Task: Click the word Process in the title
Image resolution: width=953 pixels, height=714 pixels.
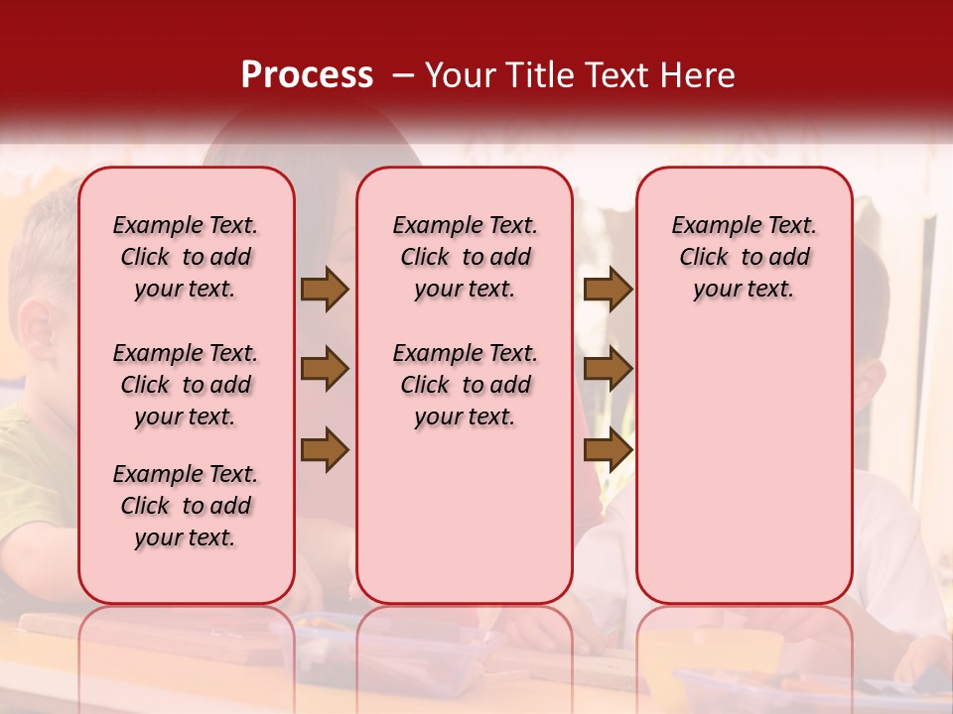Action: (307, 75)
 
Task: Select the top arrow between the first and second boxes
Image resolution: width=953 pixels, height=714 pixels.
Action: (325, 290)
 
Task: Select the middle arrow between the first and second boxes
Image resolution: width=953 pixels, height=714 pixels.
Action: (325, 369)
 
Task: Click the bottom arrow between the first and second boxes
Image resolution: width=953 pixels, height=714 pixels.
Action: (325, 450)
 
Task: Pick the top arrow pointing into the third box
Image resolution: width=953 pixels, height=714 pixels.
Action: (608, 290)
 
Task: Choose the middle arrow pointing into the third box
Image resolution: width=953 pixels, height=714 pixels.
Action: (608, 369)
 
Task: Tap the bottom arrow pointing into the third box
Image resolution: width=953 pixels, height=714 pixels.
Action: (608, 450)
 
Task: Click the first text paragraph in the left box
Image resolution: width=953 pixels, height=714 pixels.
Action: (186, 257)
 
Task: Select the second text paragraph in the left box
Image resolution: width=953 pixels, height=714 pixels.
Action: (186, 385)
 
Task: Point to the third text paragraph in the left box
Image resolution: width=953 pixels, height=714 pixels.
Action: (186, 506)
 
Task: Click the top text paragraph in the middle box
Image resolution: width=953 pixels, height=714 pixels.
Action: (465, 257)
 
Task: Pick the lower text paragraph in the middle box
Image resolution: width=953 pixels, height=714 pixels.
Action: (465, 385)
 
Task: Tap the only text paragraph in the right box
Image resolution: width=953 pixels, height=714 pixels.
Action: (744, 257)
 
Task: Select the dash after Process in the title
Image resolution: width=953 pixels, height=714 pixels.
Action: (403, 75)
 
